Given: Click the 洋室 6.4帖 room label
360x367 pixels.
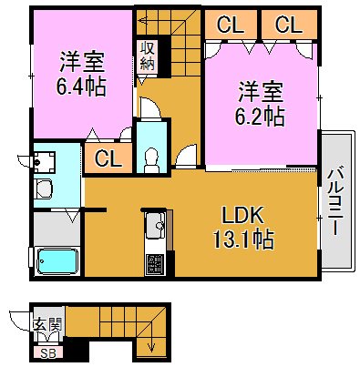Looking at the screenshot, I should (x=82, y=76).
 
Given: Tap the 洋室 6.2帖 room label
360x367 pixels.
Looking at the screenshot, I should (x=262, y=104).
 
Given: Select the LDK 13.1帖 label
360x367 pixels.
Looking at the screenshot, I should (x=242, y=228).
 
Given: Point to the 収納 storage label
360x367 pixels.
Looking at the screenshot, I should (x=147, y=56).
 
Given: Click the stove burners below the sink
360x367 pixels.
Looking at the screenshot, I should (x=154, y=265).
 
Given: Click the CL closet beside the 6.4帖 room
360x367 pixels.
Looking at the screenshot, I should (x=108, y=159).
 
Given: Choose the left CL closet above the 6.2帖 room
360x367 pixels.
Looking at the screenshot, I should (x=229, y=25).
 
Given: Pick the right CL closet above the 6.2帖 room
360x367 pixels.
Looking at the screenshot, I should (x=288, y=25).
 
